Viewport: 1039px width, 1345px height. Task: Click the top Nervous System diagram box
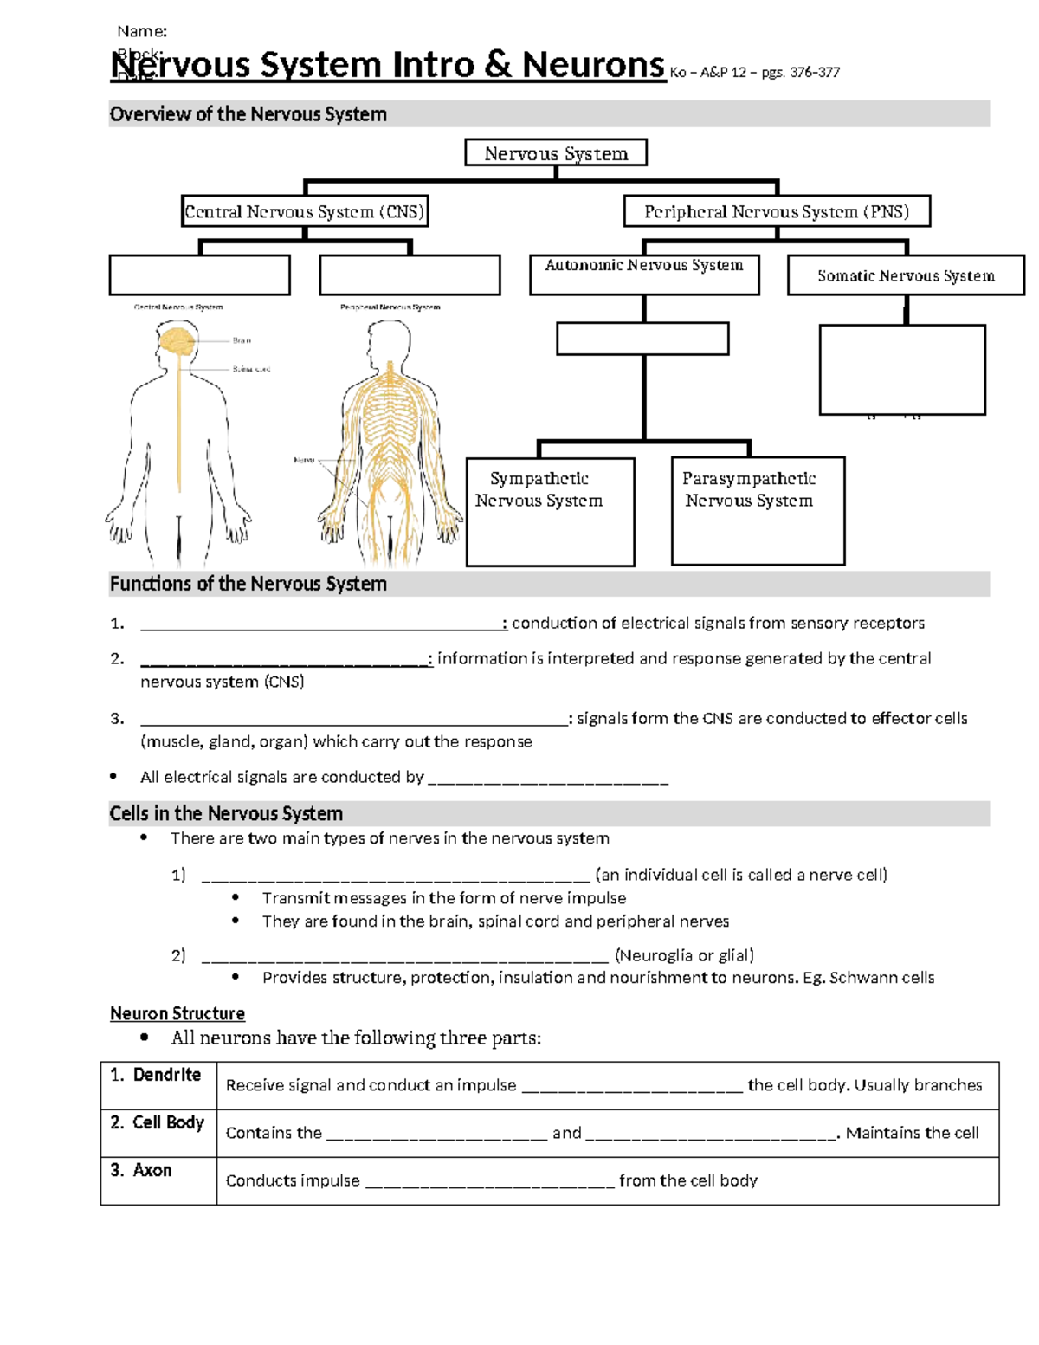[x=556, y=153]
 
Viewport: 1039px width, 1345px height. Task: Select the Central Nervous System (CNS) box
[x=305, y=211]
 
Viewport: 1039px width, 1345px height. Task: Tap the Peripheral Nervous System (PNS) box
[x=777, y=211]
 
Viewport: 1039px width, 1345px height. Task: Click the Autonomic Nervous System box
[x=644, y=274]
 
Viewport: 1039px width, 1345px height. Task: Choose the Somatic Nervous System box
[x=906, y=275]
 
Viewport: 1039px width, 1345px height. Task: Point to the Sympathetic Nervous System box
[x=550, y=512]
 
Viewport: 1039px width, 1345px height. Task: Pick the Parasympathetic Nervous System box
[x=758, y=511]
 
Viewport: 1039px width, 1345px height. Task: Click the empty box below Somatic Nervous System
[x=902, y=370]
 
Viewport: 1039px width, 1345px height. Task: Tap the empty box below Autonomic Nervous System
[x=642, y=339]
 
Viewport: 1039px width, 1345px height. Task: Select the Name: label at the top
[x=142, y=32]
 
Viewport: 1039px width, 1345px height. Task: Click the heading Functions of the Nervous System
[x=248, y=584]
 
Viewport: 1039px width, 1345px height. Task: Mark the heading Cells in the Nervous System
[x=226, y=813]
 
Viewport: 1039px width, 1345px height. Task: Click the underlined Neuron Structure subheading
[x=177, y=1013]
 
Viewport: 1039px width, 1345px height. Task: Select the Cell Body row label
[x=158, y=1122]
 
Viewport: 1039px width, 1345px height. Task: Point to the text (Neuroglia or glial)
[x=684, y=955]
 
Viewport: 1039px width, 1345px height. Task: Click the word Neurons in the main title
[x=593, y=65]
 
